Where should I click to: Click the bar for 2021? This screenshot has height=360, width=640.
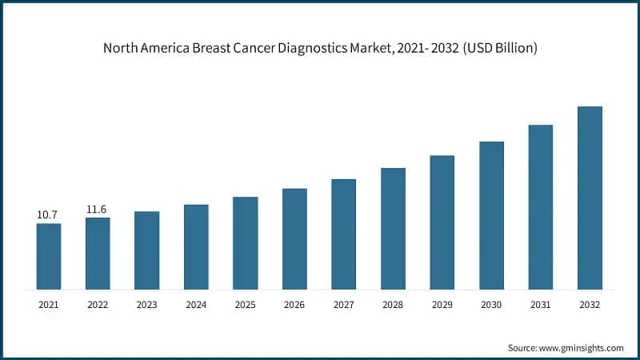tap(49, 256)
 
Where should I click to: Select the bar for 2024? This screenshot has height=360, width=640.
tap(196, 246)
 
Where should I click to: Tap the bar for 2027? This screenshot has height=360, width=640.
tap(344, 234)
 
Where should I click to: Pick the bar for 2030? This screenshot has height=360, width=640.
tap(491, 215)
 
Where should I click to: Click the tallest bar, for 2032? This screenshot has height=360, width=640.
tap(590, 198)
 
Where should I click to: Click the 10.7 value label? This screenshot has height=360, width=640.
tap(48, 215)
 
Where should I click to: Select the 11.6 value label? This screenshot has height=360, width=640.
tap(97, 210)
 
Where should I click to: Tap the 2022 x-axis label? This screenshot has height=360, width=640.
tap(98, 305)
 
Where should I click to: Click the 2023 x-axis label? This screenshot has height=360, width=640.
tap(147, 305)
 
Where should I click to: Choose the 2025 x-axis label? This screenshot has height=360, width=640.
tap(246, 305)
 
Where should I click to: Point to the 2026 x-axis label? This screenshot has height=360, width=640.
tap(294, 305)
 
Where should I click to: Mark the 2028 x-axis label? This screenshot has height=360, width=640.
tap(393, 305)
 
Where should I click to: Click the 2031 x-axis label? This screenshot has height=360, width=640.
tap(541, 305)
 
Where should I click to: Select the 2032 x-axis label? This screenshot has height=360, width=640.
tap(590, 305)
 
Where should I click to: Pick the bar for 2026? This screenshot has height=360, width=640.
tap(294, 238)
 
